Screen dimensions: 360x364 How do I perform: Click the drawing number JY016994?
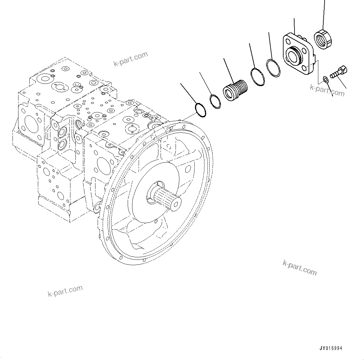(x=331, y=348)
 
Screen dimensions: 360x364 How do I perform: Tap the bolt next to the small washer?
(x=339, y=72)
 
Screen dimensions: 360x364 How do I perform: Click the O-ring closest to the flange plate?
(x=273, y=67)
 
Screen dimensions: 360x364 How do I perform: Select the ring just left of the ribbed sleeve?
(x=215, y=101)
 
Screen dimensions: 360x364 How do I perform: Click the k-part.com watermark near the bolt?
(x=327, y=89)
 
